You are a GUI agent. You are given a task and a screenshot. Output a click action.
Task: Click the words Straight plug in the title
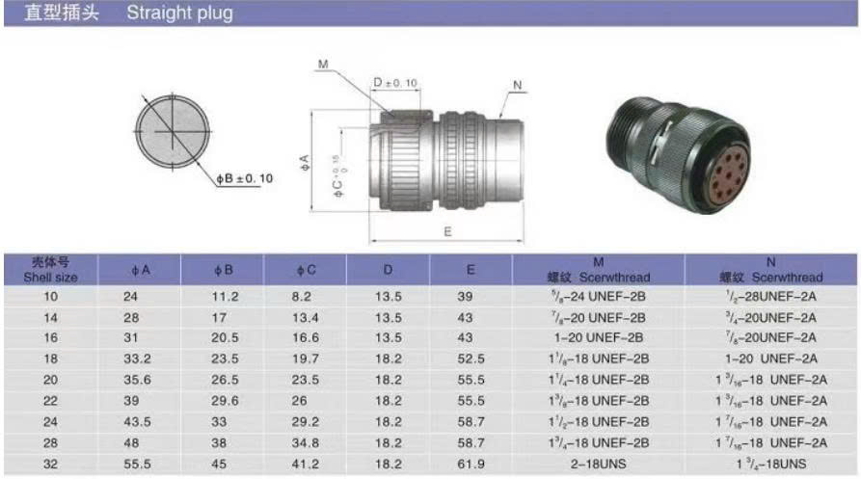179,13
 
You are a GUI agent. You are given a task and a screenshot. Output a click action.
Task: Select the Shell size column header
50,269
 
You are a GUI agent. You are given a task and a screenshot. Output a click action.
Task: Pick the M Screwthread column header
598,269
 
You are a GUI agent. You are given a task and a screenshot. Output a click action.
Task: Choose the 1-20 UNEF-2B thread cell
598,337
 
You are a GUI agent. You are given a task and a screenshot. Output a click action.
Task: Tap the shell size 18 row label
50,359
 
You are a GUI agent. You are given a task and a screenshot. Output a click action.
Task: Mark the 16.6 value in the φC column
306,337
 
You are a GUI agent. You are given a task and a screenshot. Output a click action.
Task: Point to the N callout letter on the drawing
518,86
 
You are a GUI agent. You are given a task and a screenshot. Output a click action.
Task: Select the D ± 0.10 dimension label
395,83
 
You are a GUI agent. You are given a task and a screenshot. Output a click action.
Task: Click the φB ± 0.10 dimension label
244,178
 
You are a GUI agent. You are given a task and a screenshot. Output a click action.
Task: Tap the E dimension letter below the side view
447,231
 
